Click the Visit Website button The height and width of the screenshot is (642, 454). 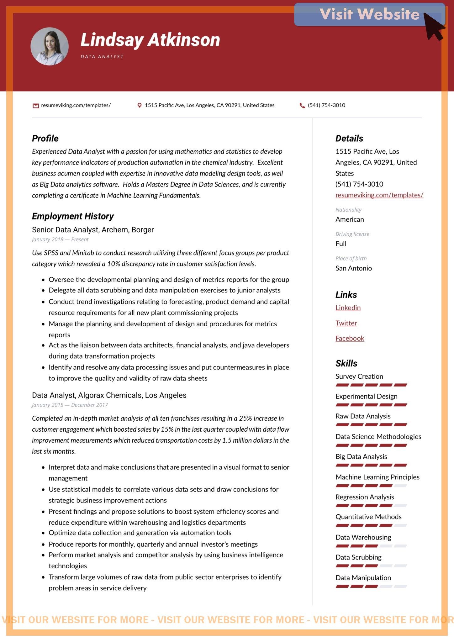click(x=369, y=14)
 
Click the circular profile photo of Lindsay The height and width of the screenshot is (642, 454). click(x=50, y=46)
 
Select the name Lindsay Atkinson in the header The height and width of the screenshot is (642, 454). click(x=150, y=40)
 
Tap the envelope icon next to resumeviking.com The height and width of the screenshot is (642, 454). click(x=36, y=106)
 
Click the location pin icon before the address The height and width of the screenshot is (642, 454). click(x=140, y=105)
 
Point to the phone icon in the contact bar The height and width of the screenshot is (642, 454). click(x=302, y=105)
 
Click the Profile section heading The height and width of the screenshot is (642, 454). click(x=45, y=138)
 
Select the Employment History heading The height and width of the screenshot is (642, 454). click(x=73, y=216)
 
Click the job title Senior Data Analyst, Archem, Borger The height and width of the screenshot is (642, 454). click(x=93, y=230)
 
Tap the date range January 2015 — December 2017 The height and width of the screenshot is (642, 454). click(x=70, y=405)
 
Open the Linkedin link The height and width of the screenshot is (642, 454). click(x=348, y=308)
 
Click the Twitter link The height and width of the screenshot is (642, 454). click(x=346, y=323)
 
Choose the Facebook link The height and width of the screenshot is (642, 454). click(x=350, y=339)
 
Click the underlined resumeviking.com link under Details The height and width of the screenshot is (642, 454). click(x=379, y=195)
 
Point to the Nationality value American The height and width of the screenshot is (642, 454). click(x=350, y=219)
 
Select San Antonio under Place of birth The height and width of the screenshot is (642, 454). click(x=354, y=268)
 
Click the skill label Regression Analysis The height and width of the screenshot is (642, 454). click(x=365, y=497)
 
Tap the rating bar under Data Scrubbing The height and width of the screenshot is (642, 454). click(x=371, y=566)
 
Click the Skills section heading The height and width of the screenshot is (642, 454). click(x=346, y=363)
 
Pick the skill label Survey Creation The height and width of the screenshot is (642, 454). click(x=359, y=376)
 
